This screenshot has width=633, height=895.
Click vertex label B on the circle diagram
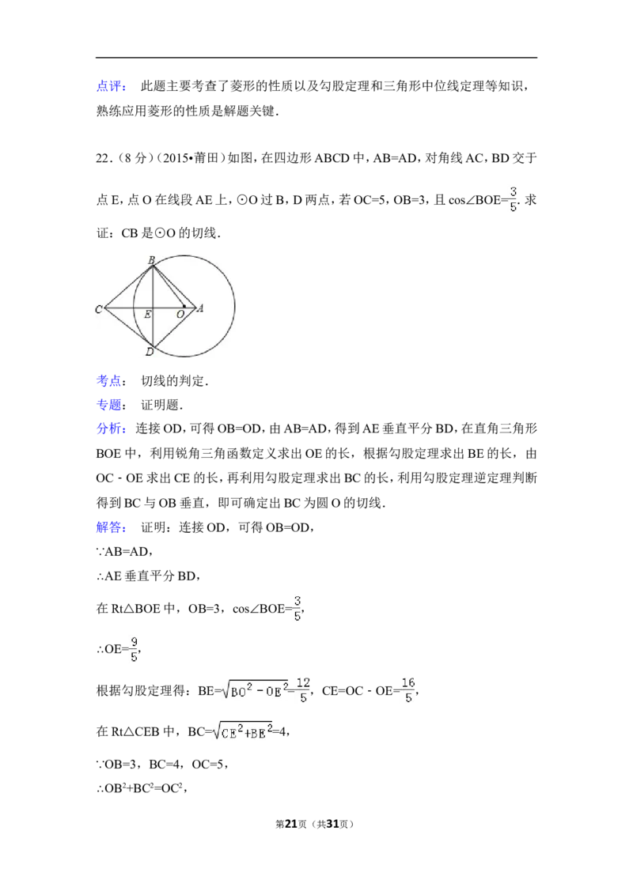click(x=151, y=259)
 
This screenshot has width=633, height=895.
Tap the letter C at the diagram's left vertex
click(x=99, y=309)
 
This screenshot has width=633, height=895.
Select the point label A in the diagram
click(x=200, y=308)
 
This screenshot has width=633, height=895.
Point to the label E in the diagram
click(x=147, y=315)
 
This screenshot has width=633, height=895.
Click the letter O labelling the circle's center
click(x=180, y=315)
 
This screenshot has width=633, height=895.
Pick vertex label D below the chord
click(x=149, y=352)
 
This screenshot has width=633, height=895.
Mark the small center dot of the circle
click(x=184, y=305)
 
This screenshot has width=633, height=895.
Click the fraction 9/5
click(x=133, y=648)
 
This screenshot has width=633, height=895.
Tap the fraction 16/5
click(x=408, y=689)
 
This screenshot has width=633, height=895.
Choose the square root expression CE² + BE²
click(x=244, y=731)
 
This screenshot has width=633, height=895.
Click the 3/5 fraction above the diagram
click(x=513, y=199)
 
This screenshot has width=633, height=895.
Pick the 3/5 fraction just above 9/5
click(x=298, y=607)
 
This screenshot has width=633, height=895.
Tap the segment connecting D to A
click(x=174, y=328)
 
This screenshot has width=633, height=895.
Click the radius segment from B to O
click(x=169, y=285)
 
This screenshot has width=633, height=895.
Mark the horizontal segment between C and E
click(x=127, y=308)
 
